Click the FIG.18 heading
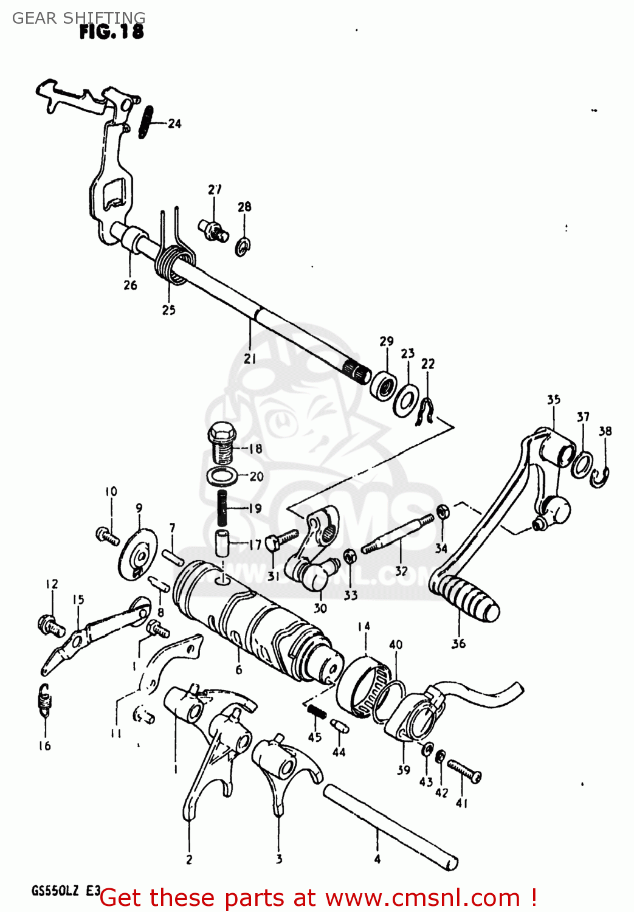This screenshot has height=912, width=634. point(112,32)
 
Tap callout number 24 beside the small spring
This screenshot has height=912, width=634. point(174,124)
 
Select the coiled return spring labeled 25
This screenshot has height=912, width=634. point(173,265)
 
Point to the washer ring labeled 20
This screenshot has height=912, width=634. point(222,475)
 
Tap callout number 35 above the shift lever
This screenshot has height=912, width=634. point(553,400)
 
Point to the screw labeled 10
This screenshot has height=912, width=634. point(108,536)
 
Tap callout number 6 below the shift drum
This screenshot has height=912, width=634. point(238,670)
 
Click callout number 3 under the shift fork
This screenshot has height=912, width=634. point(279,859)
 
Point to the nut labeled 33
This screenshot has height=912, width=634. point(350,556)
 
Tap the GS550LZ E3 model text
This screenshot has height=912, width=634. point(66,891)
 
